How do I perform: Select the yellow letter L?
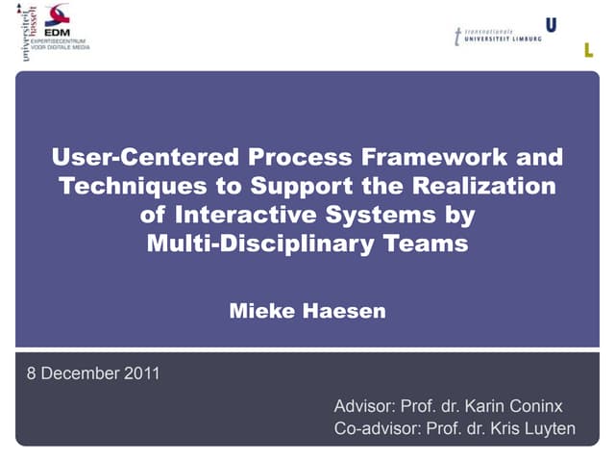pyautogui.click(x=589, y=50)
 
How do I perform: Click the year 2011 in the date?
pyautogui.click(x=140, y=374)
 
